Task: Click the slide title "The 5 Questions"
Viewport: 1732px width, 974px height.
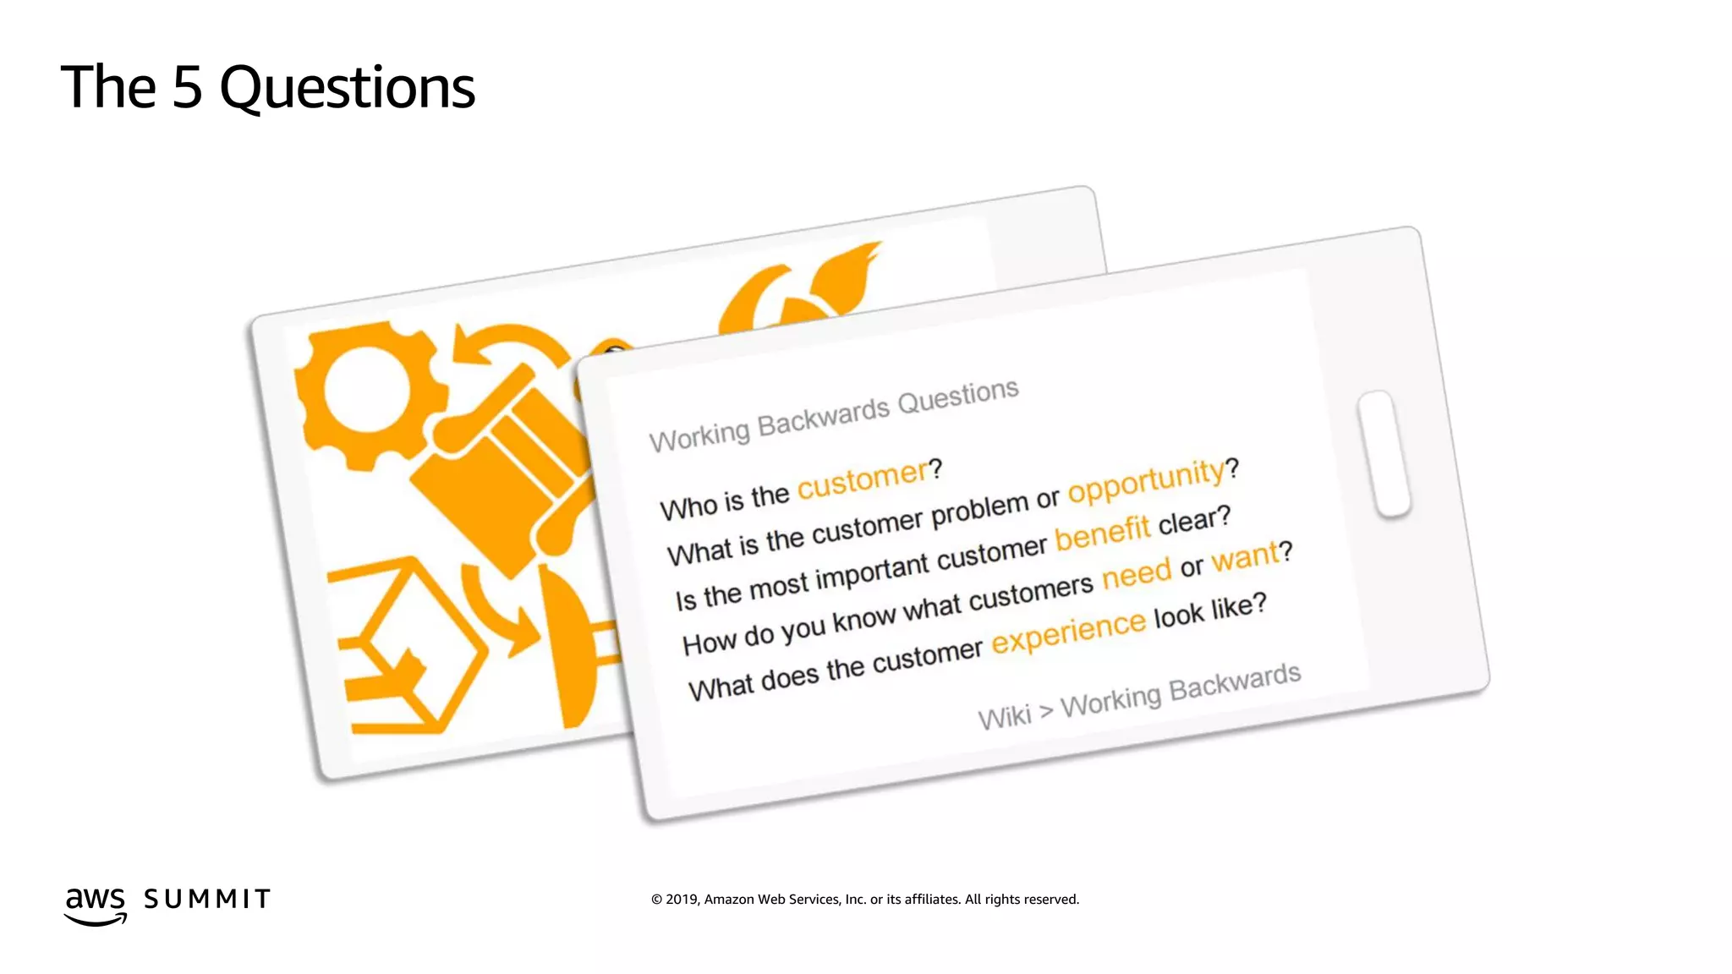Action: click(x=267, y=88)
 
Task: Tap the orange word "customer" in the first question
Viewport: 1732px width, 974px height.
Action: click(x=863, y=479)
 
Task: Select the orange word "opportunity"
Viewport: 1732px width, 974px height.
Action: click(x=1146, y=480)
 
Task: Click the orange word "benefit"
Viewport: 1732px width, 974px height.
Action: click(x=1102, y=533)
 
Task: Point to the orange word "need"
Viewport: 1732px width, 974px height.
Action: click(x=1136, y=574)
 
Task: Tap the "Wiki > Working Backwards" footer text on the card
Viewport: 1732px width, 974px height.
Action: click(x=1139, y=696)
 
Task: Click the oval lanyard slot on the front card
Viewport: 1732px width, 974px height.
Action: click(x=1384, y=454)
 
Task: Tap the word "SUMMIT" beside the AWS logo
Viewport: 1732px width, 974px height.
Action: click(x=207, y=899)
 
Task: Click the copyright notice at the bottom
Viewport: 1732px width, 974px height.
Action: click(x=864, y=900)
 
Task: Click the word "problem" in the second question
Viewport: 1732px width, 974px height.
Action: click(x=980, y=510)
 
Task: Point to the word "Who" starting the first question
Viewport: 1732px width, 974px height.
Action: click(x=688, y=509)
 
